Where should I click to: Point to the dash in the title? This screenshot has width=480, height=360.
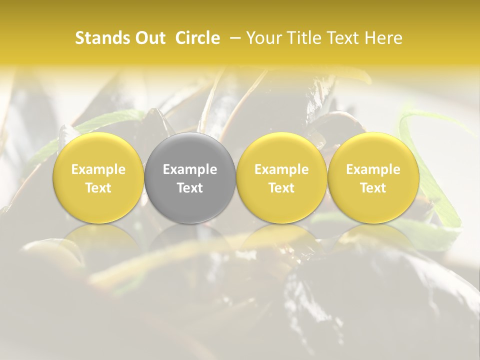[232, 38]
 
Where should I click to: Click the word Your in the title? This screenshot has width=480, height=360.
[263, 38]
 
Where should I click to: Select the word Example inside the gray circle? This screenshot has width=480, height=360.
[190, 169]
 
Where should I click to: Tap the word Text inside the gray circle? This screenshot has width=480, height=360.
[190, 188]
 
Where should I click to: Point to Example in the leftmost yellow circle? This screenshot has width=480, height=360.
[98, 169]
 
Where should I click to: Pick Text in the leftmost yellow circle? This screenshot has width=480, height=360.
[98, 188]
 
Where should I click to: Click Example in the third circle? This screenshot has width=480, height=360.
[281, 169]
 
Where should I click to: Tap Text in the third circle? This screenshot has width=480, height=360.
[281, 188]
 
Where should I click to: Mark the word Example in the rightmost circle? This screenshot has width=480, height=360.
[373, 169]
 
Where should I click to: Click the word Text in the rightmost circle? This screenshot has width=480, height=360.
[373, 188]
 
